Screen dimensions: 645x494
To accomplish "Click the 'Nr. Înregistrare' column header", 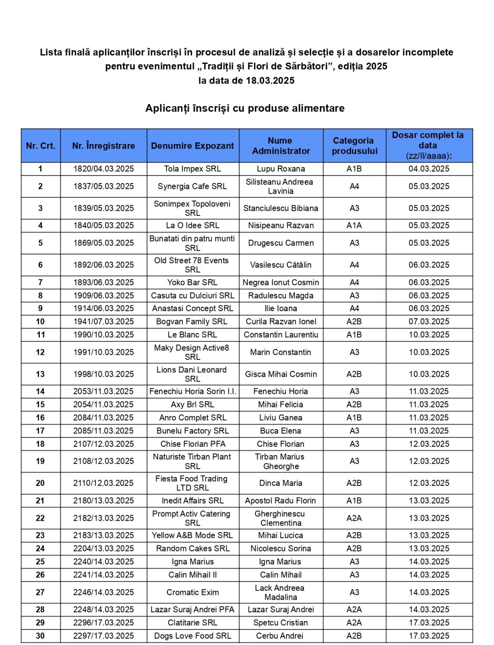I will click(103, 146).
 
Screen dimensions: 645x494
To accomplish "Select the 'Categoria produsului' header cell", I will click(354, 146).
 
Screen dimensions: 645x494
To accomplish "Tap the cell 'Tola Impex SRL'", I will click(192, 169).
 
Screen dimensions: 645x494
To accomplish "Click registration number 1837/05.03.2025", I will click(104, 186).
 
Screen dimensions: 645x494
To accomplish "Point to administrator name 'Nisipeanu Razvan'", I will click(281, 225).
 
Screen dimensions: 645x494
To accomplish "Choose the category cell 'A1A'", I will click(354, 225).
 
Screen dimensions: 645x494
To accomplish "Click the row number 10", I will click(40, 322).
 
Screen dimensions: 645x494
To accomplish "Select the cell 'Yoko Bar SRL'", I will click(192, 283).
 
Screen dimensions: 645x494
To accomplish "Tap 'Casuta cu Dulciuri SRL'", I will click(192, 296).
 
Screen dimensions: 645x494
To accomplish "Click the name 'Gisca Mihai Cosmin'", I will click(281, 374).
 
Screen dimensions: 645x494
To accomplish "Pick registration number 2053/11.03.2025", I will click(104, 391).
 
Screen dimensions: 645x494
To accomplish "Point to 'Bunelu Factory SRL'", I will click(192, 431).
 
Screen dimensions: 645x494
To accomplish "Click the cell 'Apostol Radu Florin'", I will click(281, 501).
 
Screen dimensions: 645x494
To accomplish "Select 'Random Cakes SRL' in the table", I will click(192, 548).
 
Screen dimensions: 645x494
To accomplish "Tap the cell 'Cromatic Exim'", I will click(192, 593).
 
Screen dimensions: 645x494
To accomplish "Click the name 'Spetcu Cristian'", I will click(281, 623).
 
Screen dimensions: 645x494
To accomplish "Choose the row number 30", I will click(40, 636).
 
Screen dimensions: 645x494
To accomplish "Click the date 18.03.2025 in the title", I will click(270, 81).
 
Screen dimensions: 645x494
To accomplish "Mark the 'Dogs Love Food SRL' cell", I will click(192, 636).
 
